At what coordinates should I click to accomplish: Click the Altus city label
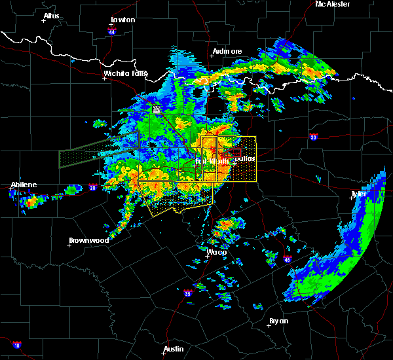click(x=51, y=16)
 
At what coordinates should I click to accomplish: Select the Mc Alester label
click(x=332, y=4)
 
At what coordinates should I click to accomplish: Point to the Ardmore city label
click(x=227, y=51)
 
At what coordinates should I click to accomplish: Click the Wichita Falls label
click(x=125, y=73)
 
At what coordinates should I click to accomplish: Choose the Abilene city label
click(x=24, y=185)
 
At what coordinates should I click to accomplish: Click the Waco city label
click(x=216, y=252)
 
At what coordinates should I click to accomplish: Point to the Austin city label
click(x=173, y=349)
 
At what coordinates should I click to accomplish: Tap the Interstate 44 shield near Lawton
click(x=112, y=31)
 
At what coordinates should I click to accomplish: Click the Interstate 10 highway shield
click(x=16, y=345)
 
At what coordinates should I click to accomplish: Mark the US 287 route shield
click(x=157, y=109)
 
